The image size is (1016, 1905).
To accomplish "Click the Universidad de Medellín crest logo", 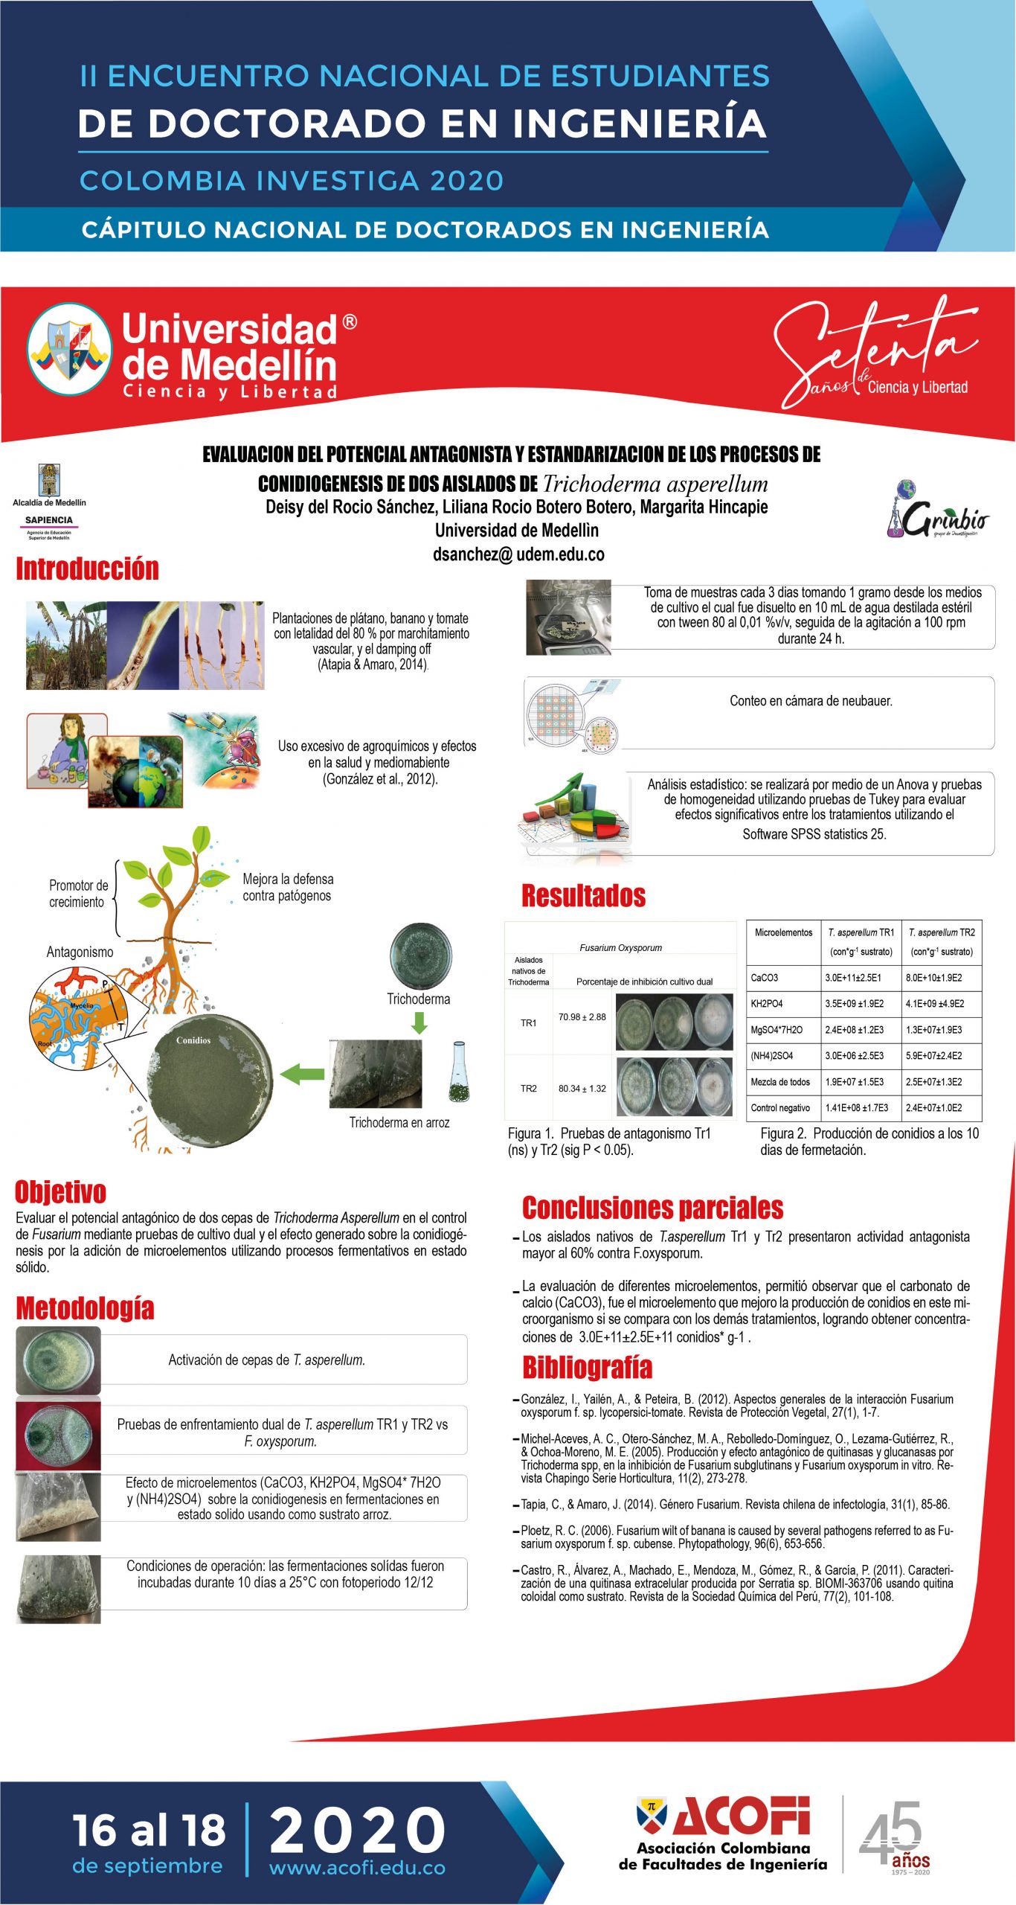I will pyautogui.click(x=69, y=349).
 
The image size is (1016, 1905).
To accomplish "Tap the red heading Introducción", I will pyautogui.click(x=88, y=569).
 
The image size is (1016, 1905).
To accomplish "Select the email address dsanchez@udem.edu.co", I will pyautogui.click(x=518, y=554).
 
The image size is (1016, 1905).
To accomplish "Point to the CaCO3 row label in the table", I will pyautogui.click(x=765, y=978).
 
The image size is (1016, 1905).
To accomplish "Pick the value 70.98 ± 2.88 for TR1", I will pyautogui.click(x=582, y=1017).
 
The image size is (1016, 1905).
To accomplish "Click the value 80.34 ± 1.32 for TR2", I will pyautogui.click(x=582, y=1089).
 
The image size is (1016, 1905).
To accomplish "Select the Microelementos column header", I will pyautogui.click(x=783, y=932).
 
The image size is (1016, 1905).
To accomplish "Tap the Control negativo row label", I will pyautogui.click(x=780, y=1108).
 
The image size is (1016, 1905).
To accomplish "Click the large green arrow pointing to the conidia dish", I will pyautogui.click(x=302, y=1074).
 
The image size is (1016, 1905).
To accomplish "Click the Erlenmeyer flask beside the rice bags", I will pyautogui.click(x=459, y=1072).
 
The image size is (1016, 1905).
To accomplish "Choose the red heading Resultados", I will pyautogui.click(x=583, y=896).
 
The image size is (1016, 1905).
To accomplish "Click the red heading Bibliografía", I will pyautogui.click(x=587, y=1368).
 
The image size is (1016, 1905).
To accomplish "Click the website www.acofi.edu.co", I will pyautogui.click(x=357, y=1868).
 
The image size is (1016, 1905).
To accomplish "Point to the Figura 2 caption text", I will pyautogui.click(x=869, y=1142).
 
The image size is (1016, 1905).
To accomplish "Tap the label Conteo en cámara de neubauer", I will pyautogui.click(x=811, y=701).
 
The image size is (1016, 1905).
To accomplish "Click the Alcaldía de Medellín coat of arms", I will pyautogui.click(x=49, y=481).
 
